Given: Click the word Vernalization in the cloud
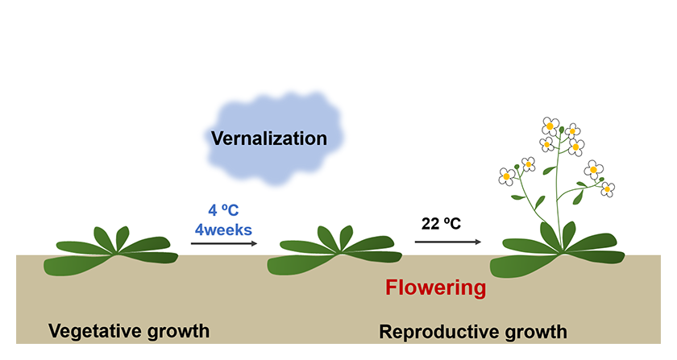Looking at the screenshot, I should pyautogui.click(x=268, y=139).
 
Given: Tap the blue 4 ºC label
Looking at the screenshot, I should pyautogui.click(x=223, y=212).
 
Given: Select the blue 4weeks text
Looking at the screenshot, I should pyautogui.click(x=223, y=230).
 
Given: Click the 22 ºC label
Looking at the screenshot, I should pyautogui.click(x=441, y=223).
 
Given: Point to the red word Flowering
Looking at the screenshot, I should pyautogui.click(x=435, y=288).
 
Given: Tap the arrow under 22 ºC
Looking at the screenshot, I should pyautogui.click(x=447, y=241).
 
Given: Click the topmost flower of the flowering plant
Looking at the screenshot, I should pyautogui.click(x=550, y=125).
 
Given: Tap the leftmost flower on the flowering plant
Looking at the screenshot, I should pyautogui.click(x=507, y=176).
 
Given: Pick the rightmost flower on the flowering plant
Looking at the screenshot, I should pyautogui.click(x=608, y=188).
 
